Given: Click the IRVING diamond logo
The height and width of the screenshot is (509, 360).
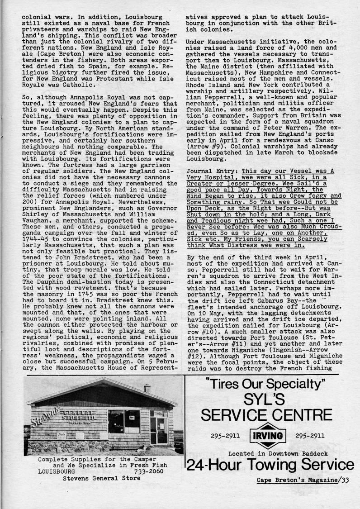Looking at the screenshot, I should coord(267,437).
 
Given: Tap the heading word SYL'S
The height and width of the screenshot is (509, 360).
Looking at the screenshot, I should coord(266,400).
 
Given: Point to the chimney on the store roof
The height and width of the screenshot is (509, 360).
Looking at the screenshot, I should coord(147,388).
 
